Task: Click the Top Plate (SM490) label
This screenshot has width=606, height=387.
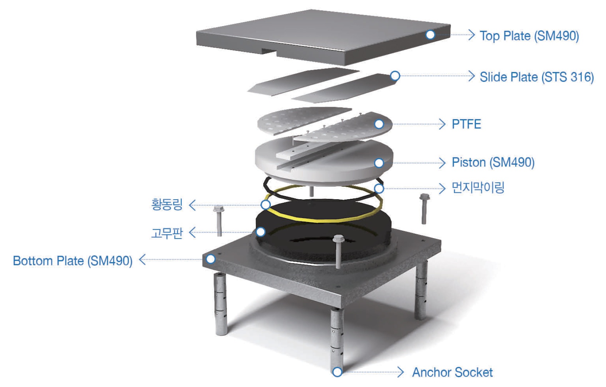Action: pyautogui.click(x=529, y=36)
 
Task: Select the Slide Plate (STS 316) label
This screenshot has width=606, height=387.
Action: pyautogui.click(x=536, y=77)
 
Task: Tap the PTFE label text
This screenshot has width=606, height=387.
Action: pyautogui.click(x=466, y=124)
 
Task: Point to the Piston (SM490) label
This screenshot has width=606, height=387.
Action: pyautogui.click(x=493, y=162)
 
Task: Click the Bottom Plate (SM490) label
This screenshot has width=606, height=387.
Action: pyautogui.click(x=73, y=261)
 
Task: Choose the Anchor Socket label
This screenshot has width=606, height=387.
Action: pyautogui.click(x=452, y=372)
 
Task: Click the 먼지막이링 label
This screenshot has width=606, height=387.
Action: pyautogui.click(x=478, y=187)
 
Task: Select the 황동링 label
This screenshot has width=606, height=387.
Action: pyautogui.click(x=167, y=205)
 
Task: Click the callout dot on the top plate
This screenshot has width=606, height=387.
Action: pyautogui.click(x=430, y=35)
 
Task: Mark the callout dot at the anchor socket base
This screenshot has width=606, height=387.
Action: pyautogui.click(x=337, y=372)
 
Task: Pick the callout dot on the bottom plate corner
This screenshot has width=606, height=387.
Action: pyautogui.click(x=211, y=259)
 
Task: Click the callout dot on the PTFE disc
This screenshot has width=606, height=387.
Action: pyautogui.click(x=379, y=124)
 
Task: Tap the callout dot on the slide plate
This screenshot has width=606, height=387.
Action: pyautogui.click(x=395, y=76)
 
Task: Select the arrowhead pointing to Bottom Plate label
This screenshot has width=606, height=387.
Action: pyautogui.click(x=142, y=260)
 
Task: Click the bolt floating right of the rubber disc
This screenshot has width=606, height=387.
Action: pyautogui.click(x=424, y=208)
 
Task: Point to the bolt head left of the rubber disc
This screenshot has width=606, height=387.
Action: pyautogui.click(x=219, y=209)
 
